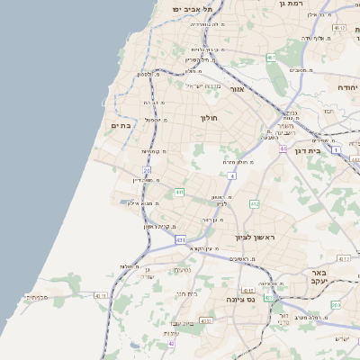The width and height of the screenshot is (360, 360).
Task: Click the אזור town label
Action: tap(237, 89)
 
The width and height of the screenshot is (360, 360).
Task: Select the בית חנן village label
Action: tap(186, 293)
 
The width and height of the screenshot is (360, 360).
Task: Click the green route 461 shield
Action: tap(270, 58)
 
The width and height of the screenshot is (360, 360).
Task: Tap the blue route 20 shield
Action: tap(147, 169)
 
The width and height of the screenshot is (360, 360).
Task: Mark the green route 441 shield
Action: tap(180, 192)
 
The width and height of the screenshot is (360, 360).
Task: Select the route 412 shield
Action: tap(255, 204)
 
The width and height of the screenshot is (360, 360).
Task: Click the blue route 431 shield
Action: tap(181, 239)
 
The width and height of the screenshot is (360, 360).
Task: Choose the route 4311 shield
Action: tap(206, 320)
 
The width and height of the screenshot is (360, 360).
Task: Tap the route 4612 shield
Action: tap(339, 28)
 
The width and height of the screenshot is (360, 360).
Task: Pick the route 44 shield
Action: tap(283, 148)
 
